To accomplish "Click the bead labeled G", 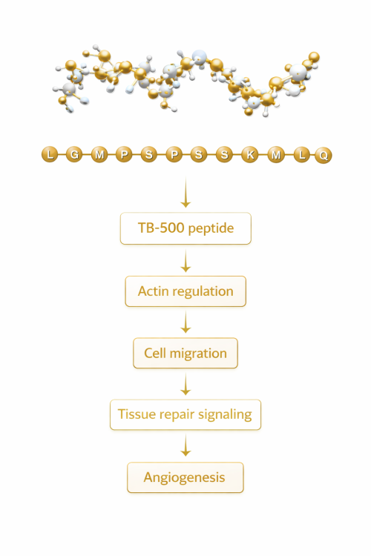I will point(74,154).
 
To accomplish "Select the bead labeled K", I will point(250,154).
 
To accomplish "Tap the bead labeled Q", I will point(324,154).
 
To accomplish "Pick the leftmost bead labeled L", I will point(49,154).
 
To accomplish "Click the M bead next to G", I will point(99,154).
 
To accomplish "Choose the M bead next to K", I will point(276,154).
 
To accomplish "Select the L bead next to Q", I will point(301,154).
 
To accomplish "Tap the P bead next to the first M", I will point(124,154).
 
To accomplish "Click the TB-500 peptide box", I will point(185,228).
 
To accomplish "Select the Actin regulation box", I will point(185,291).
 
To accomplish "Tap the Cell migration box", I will point(185,353).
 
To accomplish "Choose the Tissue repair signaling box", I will point(185,414).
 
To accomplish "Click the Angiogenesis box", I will point(185,477).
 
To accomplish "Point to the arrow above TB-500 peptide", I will point(185,197).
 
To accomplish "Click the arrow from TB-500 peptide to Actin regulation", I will point(185,260).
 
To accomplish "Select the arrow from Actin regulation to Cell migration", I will point(185,322).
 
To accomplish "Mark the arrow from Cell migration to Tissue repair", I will point(185,385).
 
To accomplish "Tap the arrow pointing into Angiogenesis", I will point(185,446).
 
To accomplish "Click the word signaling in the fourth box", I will point(224,415).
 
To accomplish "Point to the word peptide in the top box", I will point(210,229).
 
